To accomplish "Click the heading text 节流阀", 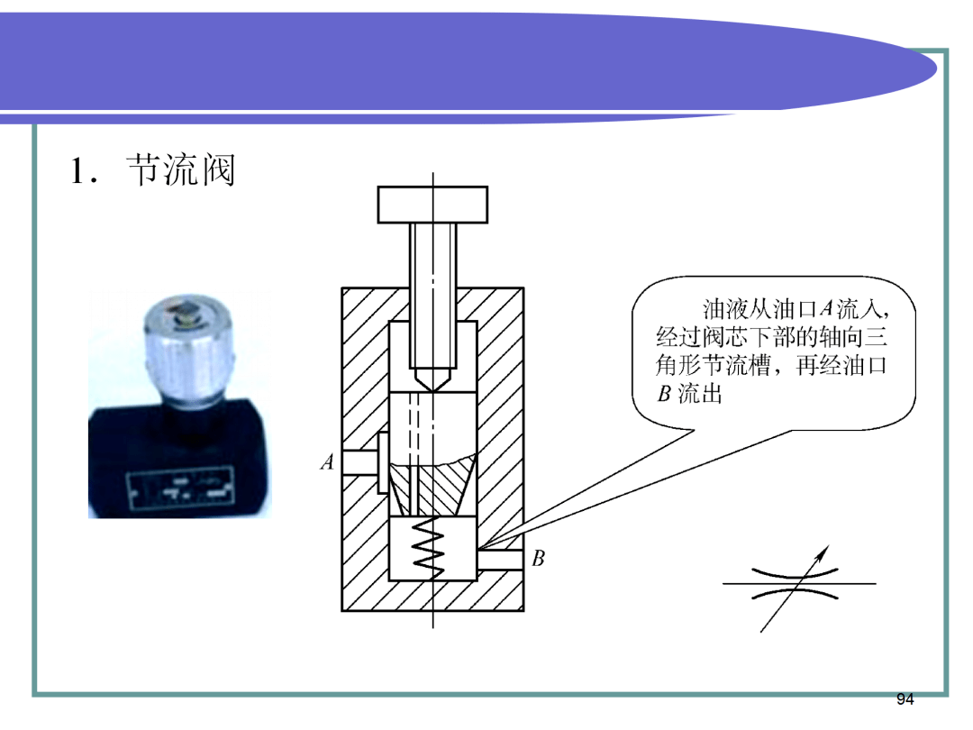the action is tap(180, 170).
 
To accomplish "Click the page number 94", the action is tap(905, 699).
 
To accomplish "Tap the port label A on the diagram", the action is tap(327, 461).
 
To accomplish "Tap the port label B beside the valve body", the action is tap(538, 559).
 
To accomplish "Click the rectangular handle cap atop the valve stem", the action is tap(432, 205).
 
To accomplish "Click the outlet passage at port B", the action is tap(499, 560).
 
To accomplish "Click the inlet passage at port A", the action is tap(359, 462).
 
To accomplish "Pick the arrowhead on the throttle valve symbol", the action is tap(823, 552).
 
